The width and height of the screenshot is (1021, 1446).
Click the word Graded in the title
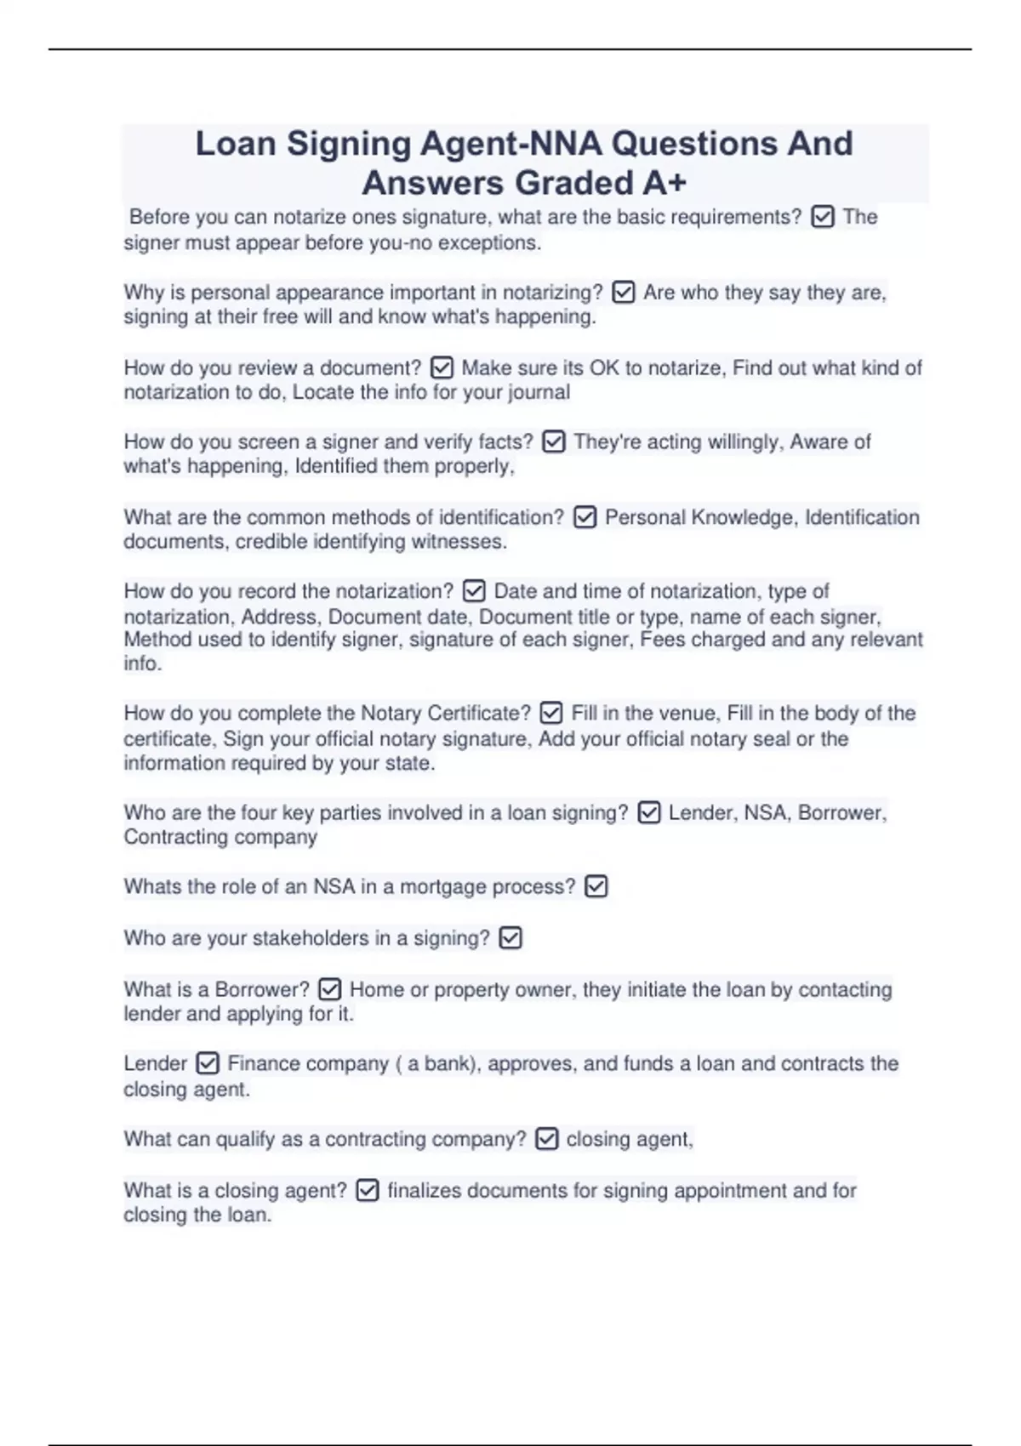[x=573, y=183]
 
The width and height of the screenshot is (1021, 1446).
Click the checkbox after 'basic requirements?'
[x=822, y=218]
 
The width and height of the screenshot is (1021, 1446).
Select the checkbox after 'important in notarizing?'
[x=624, y=293]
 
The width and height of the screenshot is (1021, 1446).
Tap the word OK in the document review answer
[x=604, y=368]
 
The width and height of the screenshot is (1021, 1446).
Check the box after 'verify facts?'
[x=553, y=442]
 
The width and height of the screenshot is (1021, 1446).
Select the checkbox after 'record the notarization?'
[x=474, y=591]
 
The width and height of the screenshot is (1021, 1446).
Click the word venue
[x=687, y=713]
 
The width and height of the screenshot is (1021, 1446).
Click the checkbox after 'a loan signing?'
[x=648, y=813]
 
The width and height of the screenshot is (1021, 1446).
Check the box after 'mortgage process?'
[x=596, y=887]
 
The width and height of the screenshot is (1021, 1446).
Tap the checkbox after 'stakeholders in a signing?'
[x=510, y=938]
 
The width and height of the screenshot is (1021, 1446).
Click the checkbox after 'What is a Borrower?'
[x=329, y=989]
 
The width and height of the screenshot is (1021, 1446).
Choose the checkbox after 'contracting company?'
[x=546, y=1139]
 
